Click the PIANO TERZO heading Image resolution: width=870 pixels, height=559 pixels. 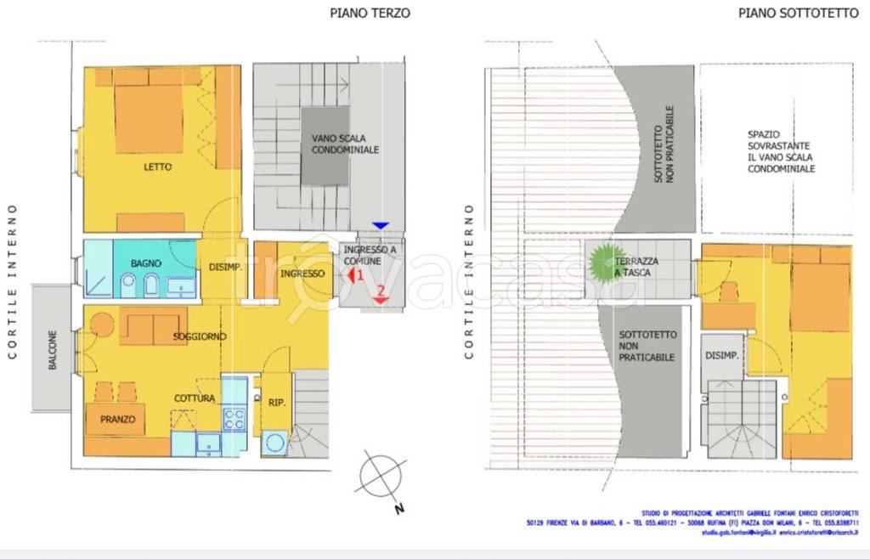(370, 13)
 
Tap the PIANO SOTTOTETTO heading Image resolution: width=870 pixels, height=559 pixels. (786, 13)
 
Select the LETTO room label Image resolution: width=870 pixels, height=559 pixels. (158, 167)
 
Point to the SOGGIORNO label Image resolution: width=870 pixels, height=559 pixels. (200, 336)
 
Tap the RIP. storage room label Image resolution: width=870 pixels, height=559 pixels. (275, 403)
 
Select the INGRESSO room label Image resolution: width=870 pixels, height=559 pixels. (302, 274)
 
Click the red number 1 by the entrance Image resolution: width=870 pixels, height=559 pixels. (359, 275)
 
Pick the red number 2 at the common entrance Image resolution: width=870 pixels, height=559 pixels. (381, 291)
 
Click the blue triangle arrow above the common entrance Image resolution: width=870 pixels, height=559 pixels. (381, 225)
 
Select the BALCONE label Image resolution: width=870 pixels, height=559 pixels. (53, 349)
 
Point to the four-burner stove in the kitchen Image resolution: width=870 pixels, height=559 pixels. (234, 418)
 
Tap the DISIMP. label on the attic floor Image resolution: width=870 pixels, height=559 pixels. (721, 355)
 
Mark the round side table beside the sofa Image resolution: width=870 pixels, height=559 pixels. (103, 325)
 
